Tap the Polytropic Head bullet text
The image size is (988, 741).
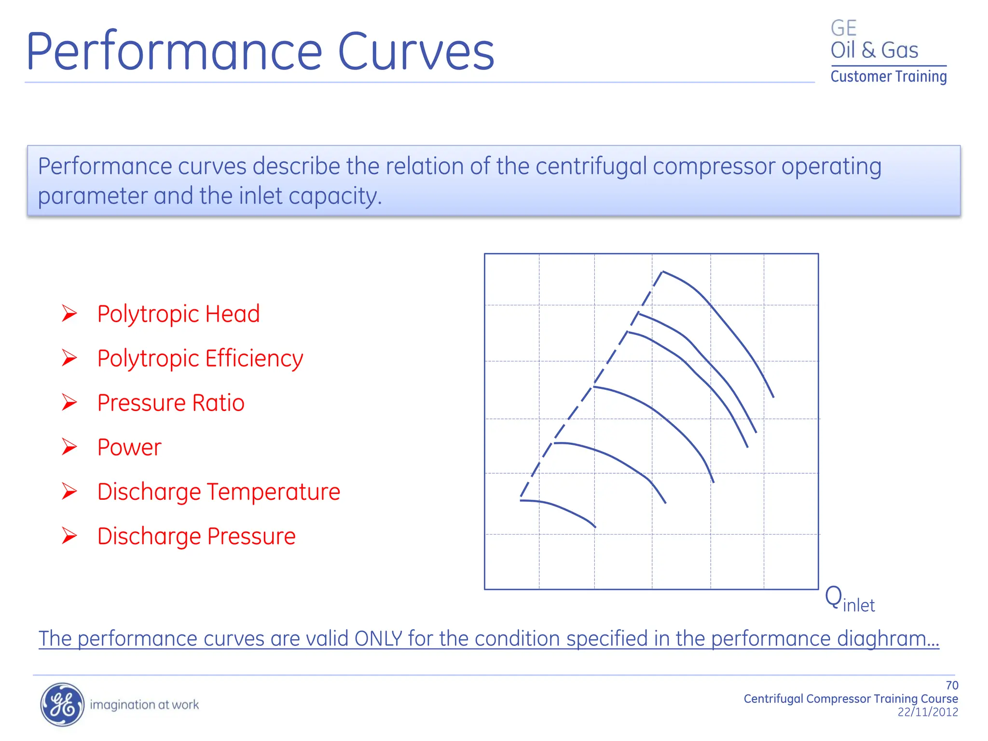click(x=178, y=314)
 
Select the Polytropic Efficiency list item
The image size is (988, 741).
click(x=200, y=358)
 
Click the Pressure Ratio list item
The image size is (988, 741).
click(x=171, y=403)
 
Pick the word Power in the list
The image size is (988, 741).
click(x=129, y=447)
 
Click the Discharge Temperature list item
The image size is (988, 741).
click(x=219, y=492)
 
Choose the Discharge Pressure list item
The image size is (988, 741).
click(x=196, y=536)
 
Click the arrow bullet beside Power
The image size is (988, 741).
click(x=69, y=447)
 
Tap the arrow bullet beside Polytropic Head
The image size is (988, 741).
click(x=69, y=314)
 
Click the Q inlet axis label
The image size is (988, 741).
click(x=849, y=600)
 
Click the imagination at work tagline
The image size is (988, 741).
click(x=144, y=705)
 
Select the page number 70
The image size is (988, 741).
click(x=952, y=686)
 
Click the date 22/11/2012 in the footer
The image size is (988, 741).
click(x=927, y=712)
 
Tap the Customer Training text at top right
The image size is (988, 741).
click(x=888, y=77)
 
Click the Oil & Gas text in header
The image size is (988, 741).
click(x=874, y=50)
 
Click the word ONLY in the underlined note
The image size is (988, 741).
click(x=378, y=639)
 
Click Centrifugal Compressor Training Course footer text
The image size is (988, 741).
click(x=850, y=699)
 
